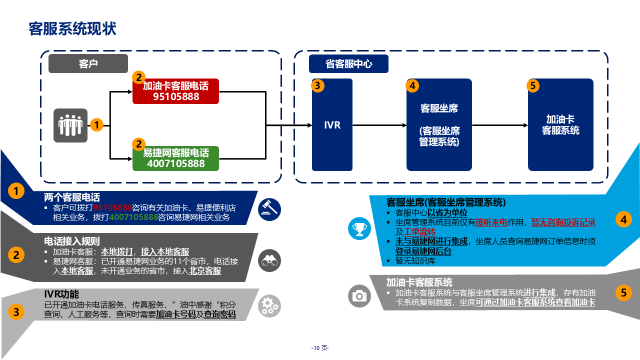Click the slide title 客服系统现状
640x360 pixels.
[72, 29]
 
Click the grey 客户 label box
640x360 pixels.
[88, 64]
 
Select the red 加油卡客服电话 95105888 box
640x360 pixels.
[175, 91]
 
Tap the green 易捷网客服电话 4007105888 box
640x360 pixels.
[175, 158]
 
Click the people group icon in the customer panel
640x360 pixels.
[70, 125]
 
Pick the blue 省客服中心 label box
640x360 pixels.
[348, 64]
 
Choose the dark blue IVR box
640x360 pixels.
[332, 125]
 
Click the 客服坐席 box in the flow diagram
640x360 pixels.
[439, 125]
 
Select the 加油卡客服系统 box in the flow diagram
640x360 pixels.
[560, 125]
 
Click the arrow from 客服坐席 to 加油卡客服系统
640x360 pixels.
[499, 125]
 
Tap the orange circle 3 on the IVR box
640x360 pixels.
[317, 85]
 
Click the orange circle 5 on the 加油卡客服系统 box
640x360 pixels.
[533, 85]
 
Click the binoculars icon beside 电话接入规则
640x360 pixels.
[269, 260]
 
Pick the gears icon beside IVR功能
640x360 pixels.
[269, 306]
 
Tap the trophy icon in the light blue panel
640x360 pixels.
[359, 229]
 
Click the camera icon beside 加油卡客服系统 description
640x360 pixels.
[359, 295]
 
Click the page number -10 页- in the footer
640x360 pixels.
[320, 348]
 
